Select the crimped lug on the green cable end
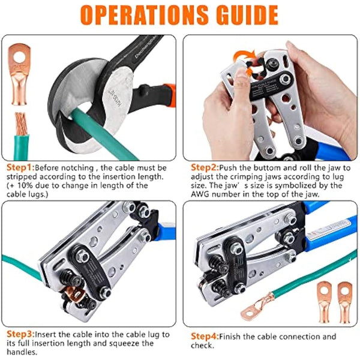[255, 310]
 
